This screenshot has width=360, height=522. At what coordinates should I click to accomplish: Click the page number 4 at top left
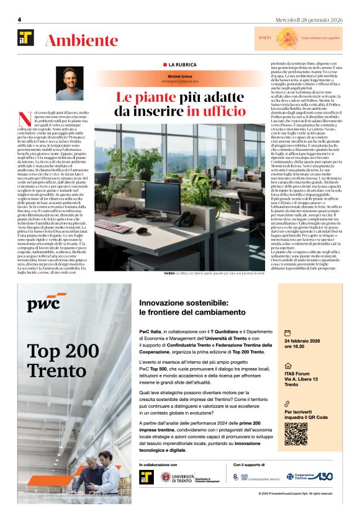20,20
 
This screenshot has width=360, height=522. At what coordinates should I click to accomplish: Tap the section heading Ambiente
81,41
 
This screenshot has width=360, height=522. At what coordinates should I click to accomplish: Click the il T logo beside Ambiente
26,38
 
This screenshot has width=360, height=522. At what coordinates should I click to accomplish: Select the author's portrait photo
70,83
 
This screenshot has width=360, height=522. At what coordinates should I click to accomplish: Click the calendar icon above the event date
287,332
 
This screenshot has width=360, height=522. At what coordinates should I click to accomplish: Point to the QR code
296,434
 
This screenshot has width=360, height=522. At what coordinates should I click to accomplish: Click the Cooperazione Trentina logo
308,477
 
